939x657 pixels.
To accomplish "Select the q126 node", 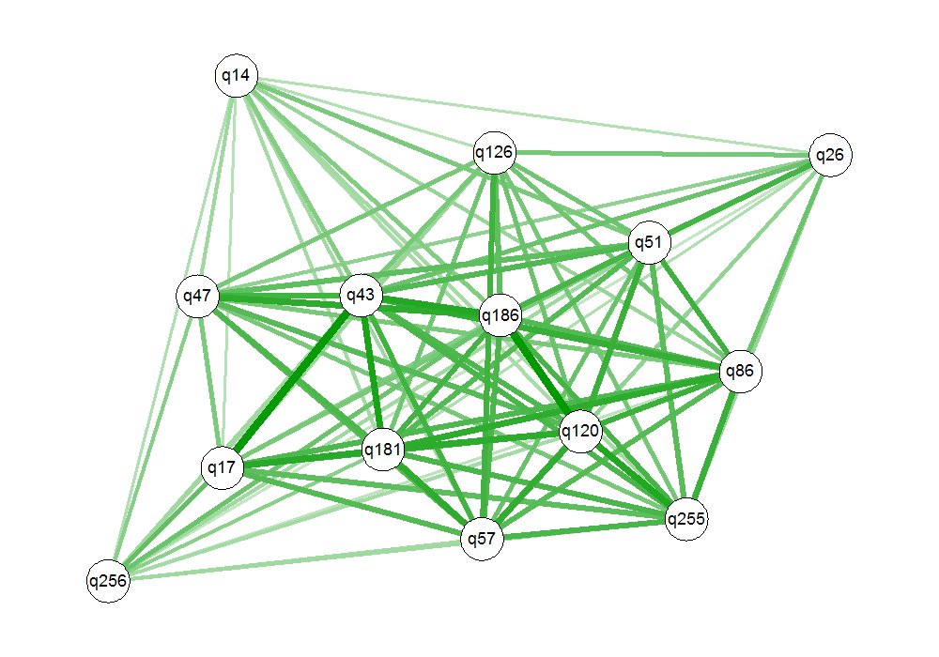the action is (494, 152).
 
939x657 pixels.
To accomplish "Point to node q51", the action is (649, 243).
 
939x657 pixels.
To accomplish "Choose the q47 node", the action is (198, 297).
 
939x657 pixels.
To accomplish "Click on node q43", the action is (362, 296).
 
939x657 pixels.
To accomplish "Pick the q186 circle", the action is (500, 316).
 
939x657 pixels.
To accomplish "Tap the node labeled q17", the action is (223, 466).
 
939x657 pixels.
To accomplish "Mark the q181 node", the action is (384, 450).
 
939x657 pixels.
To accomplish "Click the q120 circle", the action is (580, 432).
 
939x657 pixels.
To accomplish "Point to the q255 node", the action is (686, 518).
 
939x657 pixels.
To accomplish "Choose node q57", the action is (484, 539).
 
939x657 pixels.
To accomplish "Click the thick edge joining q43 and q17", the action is (292, 381).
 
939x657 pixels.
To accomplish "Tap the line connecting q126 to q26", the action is (662, 154).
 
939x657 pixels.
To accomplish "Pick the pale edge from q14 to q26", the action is (532, 116).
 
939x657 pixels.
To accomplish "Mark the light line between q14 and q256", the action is (172, 328).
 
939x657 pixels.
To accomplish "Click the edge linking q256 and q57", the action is (296, 559).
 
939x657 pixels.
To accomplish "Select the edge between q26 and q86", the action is (785, 264).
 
